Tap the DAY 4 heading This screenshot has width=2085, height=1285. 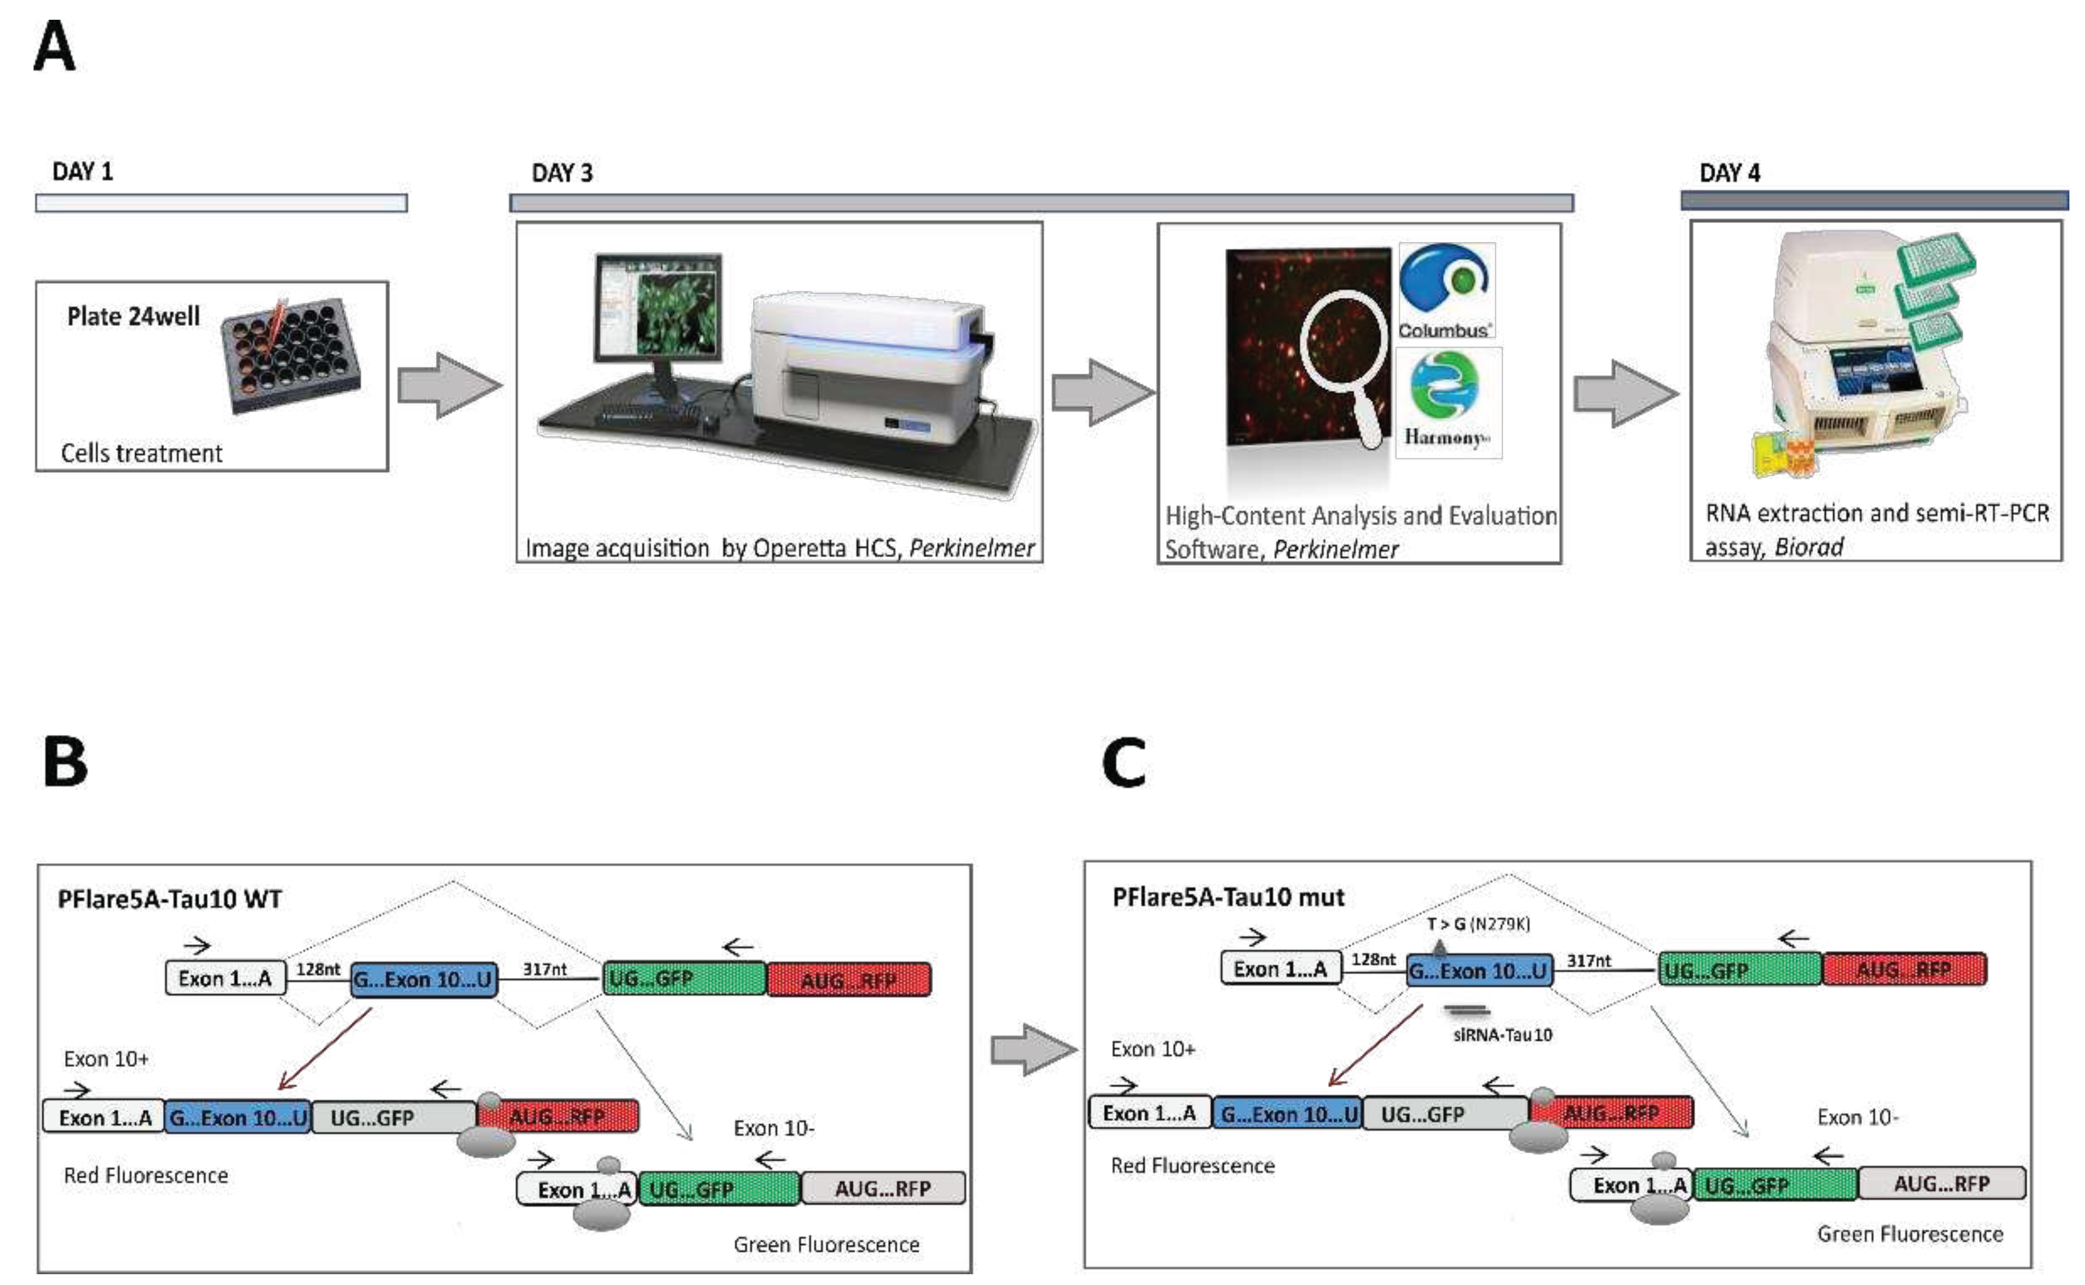point(1729,173)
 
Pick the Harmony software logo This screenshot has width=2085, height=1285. point(1448,401)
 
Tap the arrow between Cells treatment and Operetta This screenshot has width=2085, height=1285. point(449,386)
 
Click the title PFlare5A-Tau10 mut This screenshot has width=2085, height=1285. point(1228,897)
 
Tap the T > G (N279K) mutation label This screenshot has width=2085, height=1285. point(1478,924)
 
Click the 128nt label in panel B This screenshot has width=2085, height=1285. point(318,969)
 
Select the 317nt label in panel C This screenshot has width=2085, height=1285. point(1588,960)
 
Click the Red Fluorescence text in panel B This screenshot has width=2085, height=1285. point(146,1175)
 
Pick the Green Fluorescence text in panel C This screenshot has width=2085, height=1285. point(1909,1234)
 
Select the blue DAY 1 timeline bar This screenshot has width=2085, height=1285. point(221,203)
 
